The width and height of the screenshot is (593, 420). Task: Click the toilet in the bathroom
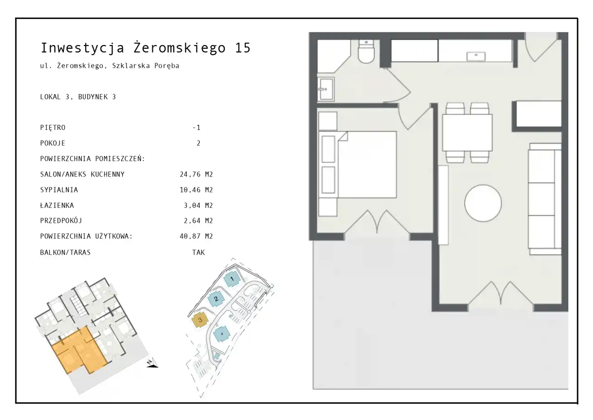pos(366,52)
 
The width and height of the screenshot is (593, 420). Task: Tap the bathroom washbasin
pos(326,90)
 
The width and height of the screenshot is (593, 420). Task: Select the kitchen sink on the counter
pos(476,56)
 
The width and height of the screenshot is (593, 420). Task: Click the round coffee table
pos(483,203)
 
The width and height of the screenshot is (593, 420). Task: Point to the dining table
pos(467,133)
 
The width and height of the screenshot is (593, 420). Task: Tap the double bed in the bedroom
pos(357,165)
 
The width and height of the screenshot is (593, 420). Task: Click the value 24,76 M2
pos(196,174)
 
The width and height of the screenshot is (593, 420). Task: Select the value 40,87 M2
pos(196,236)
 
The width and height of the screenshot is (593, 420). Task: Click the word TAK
pos(199,252)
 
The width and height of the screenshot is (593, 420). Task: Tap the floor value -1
pos(196,128)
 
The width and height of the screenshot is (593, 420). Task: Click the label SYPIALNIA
pos(59,190)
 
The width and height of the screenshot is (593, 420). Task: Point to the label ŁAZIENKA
pos(57,205)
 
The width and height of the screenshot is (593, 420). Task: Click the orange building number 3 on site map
pos(200,320)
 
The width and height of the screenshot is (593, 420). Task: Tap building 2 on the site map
pos(216,299)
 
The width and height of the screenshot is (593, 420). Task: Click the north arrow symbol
pos(152,363)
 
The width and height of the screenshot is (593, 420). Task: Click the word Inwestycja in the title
pos(82,48)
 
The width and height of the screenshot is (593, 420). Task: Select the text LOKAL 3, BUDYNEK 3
pos(78,97)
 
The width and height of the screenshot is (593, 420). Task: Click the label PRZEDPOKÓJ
pos(61,220)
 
